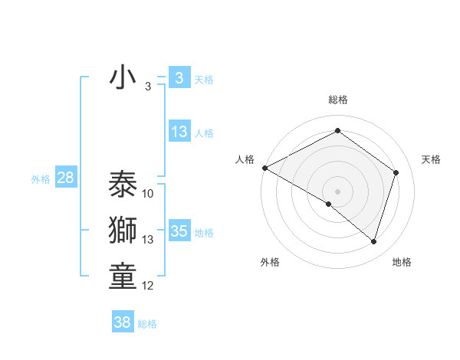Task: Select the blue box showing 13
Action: pyautogui.click(x=179, y=132)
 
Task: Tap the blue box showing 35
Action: pyautogui.click(x=179, y=231)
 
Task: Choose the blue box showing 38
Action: pyautogui.click(x=122, y=322)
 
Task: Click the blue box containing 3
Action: pyautogui.click(x=179, y=78)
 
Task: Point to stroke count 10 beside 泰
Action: pyautogui.click(x=148, y=194)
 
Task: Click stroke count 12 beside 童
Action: pyautogui.click(x=148, y=286)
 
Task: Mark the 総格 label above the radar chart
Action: pyautogui.click(x=337, y=100)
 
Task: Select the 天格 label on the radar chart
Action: pyautogui.click(x=431, y=159)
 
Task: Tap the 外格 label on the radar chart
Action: pyautogui.click(x=270, y=262)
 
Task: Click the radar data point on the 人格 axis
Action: pyautogui.click(x=264, y=168)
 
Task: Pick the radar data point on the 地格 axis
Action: pyautogui.click(x=373, y=242)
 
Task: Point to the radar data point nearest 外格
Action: pyautogui.click(x=329, y=204)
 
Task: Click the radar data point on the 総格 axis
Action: pyautogui.click(x=337, y=131)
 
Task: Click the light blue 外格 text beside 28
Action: pyautogui.click(x=41, y=179)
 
